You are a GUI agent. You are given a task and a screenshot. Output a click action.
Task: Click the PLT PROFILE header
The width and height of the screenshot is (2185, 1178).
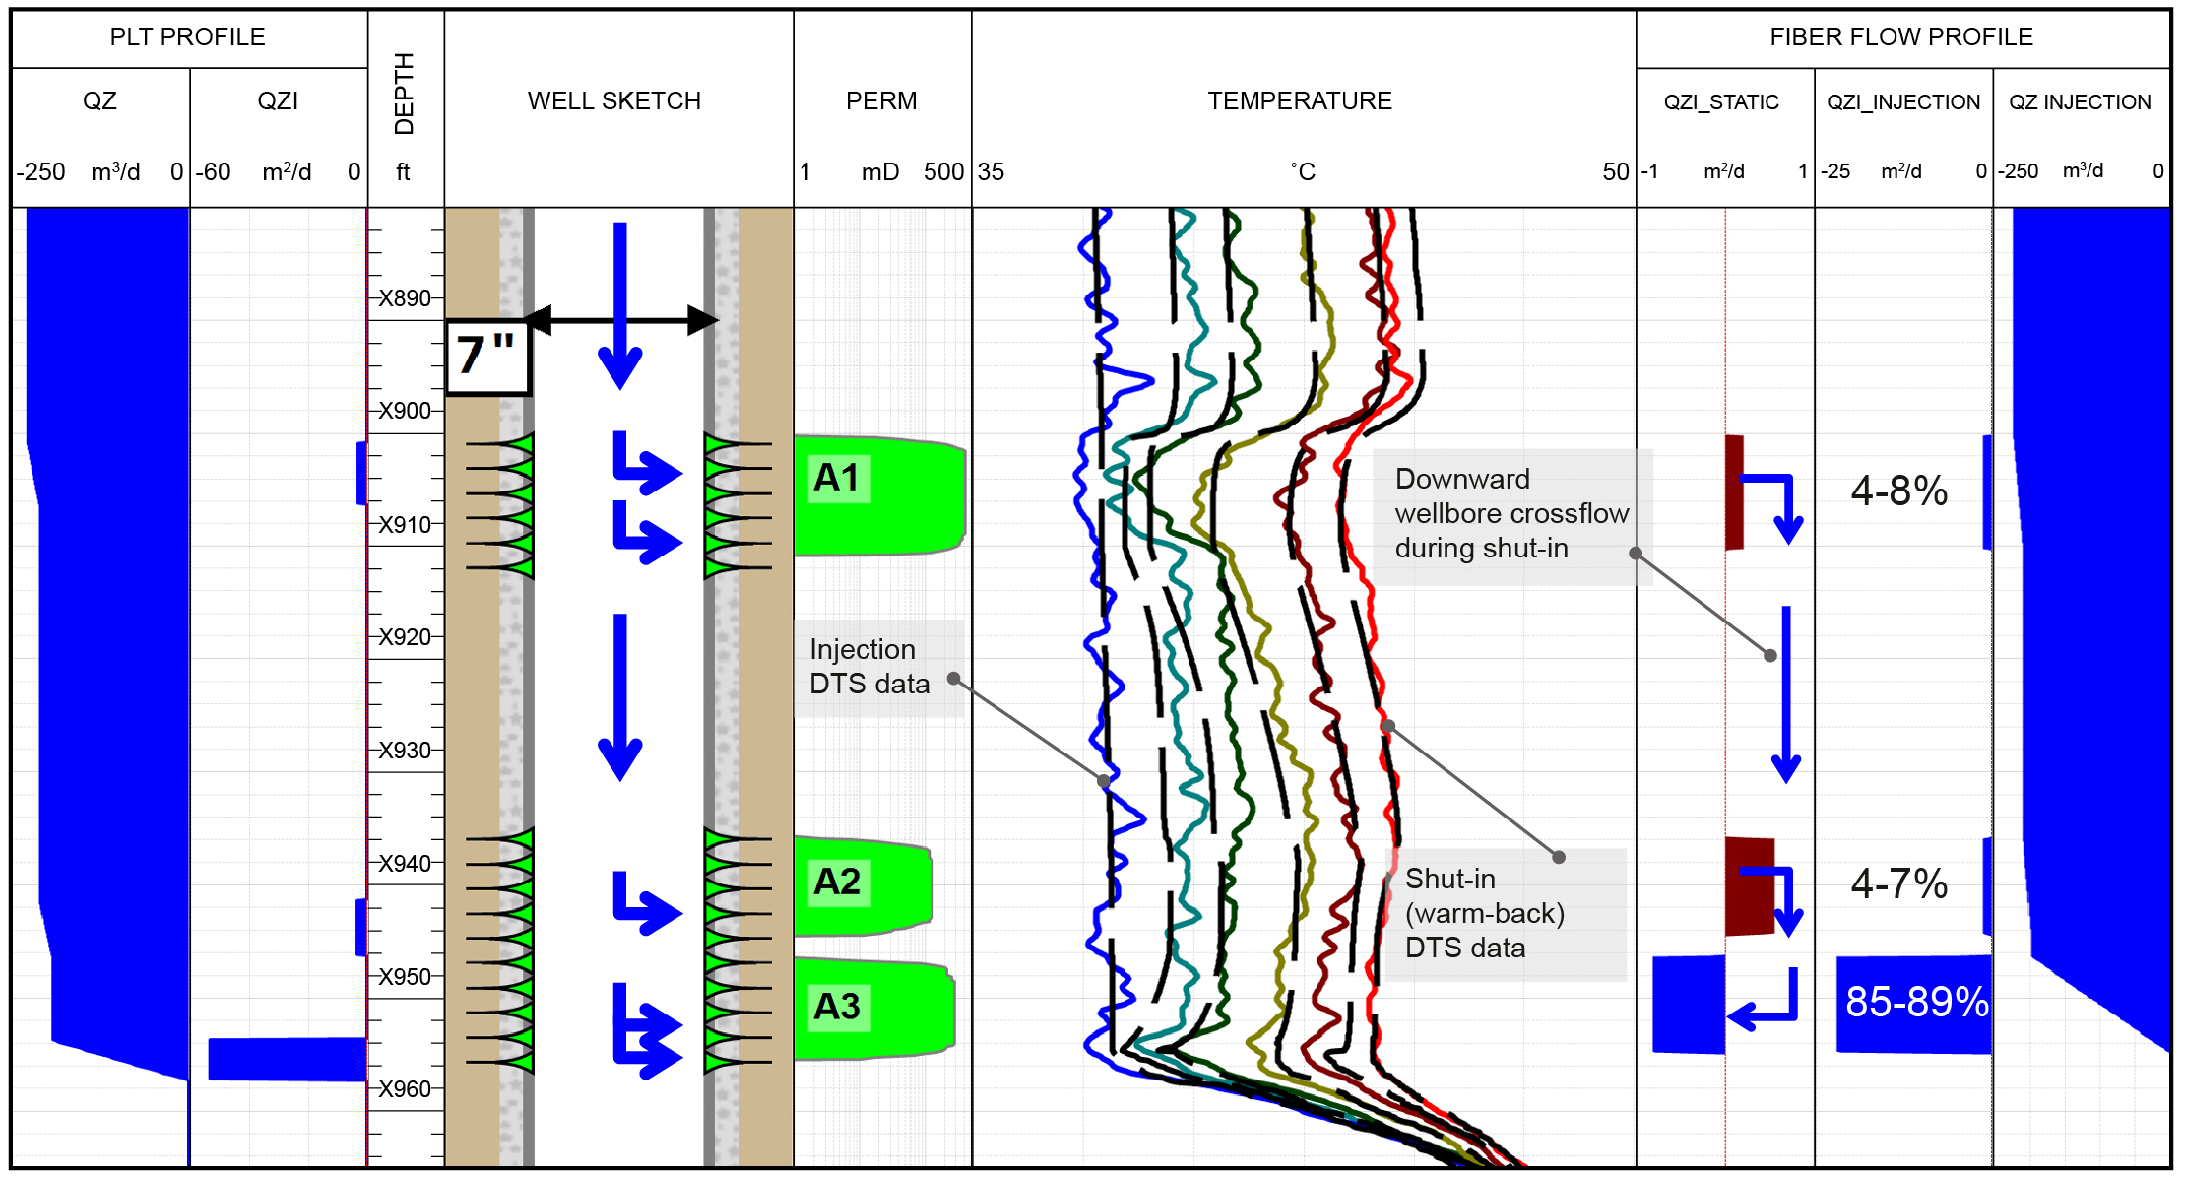[187, 37]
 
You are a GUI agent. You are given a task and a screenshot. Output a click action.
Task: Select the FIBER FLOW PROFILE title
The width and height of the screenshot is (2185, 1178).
[1900, 37]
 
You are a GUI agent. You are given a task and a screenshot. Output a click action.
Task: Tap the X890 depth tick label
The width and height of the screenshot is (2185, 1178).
[405, 298]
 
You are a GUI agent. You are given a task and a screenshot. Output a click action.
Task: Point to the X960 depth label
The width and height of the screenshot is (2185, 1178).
[405, 1089]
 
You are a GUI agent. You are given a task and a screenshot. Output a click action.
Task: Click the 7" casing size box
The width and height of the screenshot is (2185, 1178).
[487, 357]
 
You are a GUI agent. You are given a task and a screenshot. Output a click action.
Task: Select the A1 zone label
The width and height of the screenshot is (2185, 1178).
[838, 479]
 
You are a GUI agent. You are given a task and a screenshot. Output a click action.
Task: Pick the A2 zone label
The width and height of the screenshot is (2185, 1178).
[838, 882]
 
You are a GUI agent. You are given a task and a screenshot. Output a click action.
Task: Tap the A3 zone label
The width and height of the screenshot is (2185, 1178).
[838, 1007]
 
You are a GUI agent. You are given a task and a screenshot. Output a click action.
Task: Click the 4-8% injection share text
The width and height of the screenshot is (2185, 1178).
[1898, 491]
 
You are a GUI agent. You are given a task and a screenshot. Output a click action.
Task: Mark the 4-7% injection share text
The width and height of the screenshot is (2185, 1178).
[1898, 883]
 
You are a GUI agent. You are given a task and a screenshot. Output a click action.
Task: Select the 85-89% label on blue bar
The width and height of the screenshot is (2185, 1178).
[1916, 1002]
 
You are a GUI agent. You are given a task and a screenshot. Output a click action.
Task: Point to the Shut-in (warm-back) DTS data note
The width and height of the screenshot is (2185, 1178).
[1485, 913]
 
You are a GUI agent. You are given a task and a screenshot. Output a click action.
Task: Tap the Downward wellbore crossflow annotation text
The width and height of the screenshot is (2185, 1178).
[1511, 514]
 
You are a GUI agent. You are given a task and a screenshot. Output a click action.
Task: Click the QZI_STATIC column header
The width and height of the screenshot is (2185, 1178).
[1721, 102]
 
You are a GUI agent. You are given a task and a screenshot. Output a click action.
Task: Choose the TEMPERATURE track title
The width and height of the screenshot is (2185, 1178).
[1300, 101]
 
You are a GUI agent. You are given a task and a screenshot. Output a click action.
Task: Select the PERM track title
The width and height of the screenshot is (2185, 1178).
[881, 101]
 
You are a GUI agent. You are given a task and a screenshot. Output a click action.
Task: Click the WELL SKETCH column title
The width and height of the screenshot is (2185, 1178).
[614, 101]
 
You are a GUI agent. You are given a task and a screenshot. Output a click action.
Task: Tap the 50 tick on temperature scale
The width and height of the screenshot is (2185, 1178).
[1615, 172]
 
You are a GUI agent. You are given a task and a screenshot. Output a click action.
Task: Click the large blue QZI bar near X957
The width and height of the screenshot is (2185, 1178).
[287, 1059]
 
